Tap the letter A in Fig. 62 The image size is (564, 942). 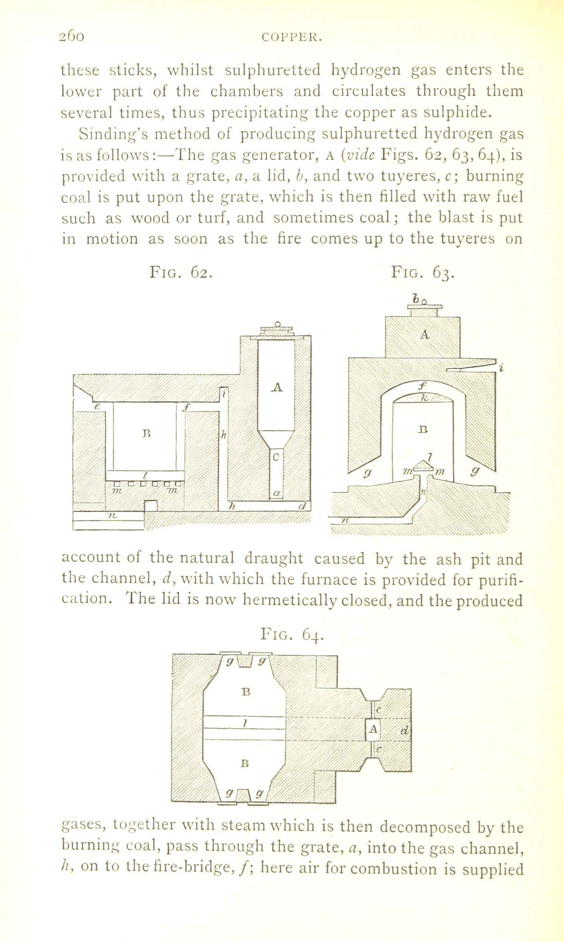click(x=277, y=387)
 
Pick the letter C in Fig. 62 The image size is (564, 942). click(x=276, y=456)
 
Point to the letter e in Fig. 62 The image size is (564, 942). click(x=96, y=406)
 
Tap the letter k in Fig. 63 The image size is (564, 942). click(x=425, y=398)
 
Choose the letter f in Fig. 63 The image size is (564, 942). click(x=421, y=386)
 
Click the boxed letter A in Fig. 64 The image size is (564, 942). click(x=373, y=729)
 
